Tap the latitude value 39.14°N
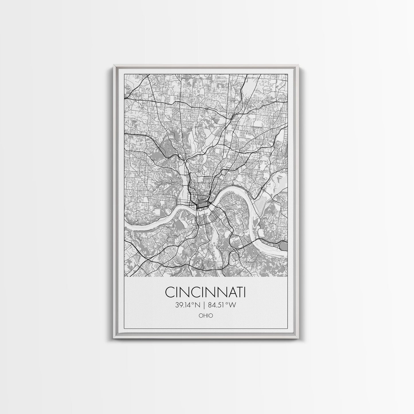coord(188,305)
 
